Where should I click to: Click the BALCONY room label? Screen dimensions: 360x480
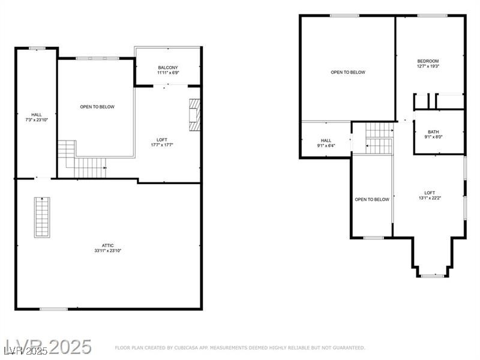[x=168, y=67]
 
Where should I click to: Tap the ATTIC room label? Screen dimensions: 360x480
[x=108, y=245]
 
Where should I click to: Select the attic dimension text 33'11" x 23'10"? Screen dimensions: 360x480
[x=108, y=251]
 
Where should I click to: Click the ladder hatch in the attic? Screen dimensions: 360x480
[x=42, y=217]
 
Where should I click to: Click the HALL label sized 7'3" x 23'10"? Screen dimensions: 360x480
[x=37, y=114]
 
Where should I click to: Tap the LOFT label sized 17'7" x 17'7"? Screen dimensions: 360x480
[x=162, y=139]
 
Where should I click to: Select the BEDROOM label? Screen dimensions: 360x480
[x=428, y=61]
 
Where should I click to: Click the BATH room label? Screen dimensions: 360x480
[x=433, y=132]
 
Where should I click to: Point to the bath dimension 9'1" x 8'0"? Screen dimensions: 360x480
[x=433, y=137]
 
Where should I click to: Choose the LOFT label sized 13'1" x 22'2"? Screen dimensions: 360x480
[x=430, y=193]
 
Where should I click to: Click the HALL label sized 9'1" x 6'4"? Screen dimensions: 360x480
[x=326, y=140]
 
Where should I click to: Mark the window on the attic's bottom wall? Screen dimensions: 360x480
[x=54, y=309]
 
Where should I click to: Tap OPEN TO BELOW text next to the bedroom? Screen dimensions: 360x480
[x=348, y=72]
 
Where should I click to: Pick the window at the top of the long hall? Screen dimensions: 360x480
[x=37, y=48]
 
